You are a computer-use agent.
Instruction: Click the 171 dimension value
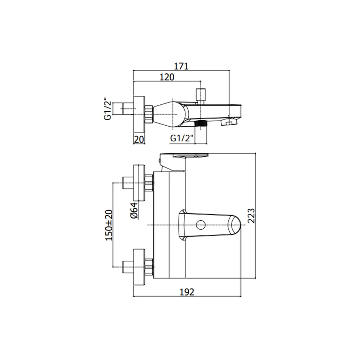pos(181,66)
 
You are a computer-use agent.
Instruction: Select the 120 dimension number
pos(167,77)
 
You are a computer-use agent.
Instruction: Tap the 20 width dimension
pos(139,139)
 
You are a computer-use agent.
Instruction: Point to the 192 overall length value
pos(187,292)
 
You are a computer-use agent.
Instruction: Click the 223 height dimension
pos(251,216)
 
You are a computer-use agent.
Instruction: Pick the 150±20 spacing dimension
pos(109,225)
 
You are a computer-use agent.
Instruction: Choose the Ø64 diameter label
pos(134,211)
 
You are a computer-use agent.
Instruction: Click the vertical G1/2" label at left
pos(107,110)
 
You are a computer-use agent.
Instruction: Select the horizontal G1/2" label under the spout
pos(182,138)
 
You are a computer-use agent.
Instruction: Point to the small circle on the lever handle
pos(201,225)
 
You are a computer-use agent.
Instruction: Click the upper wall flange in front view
pos(139,183)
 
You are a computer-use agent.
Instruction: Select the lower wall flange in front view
pos(139,267)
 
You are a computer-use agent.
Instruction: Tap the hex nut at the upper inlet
pos(149,183)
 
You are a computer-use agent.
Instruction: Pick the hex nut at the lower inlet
pos(149,267)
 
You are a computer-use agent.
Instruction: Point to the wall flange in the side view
pos(139,114)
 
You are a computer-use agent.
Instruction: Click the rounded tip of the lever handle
pos(235,225)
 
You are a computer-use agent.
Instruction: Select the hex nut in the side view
pos(149,114)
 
